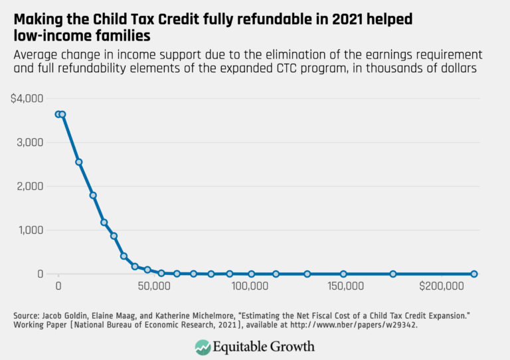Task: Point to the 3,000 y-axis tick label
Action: [29, 142]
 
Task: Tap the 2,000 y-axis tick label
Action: [29, 187]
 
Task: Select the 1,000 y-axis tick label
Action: [29, 230]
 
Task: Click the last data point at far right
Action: [474, 274]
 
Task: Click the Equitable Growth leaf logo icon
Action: [203, 346]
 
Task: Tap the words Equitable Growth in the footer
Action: [264, 346]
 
